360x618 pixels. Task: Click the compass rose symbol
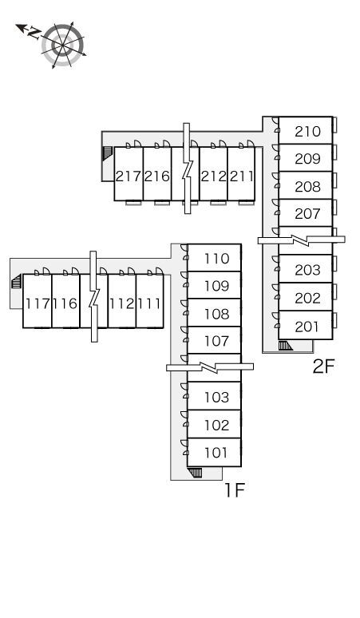(x=63, y=45)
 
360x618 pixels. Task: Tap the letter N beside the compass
(x=34, y=33)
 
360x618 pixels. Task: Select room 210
(x=306, y=130)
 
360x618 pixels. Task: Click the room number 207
(x=307, y=214)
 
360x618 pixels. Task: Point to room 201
(x=306, y=325)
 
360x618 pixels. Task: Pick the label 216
(x=156, y=176)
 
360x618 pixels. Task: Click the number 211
(x=241, y=176)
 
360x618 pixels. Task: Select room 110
(x=214, y=258)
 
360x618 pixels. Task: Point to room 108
(x=214, y=312)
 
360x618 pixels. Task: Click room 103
(x=214, y=396)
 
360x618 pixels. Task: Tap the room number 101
(x=216, y=453)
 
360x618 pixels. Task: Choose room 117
(x=37, y=301)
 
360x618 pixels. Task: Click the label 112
(x=121, y=303)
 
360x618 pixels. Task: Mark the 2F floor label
(x=323, y=366)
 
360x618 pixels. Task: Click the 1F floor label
(x=235, y=490)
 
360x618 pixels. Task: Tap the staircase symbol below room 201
(x=285, y=346)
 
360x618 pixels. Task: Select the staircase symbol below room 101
(x=195, y=473)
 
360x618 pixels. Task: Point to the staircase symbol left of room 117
(x=16, y=282)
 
